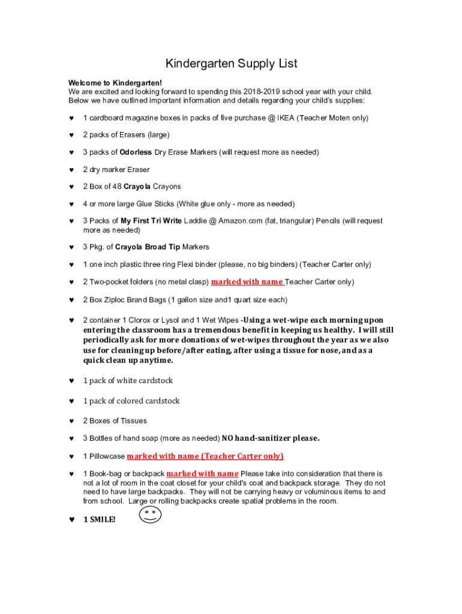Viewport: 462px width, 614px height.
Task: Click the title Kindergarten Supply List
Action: (x=231, y=64)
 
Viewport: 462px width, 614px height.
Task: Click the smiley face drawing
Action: (x=151, y=514)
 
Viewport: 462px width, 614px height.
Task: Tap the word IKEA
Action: (x=286, y=118)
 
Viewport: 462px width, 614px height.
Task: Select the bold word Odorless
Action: (x=136, y=152)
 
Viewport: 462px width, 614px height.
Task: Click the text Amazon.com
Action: (x=241, y=221)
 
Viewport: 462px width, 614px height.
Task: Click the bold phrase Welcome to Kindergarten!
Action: (x=115, y=83)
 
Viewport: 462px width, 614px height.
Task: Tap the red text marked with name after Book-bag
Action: (x=202, y=474)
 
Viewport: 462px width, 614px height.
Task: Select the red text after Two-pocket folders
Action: (x=247, y=282)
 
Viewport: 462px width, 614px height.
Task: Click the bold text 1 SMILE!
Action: (x=99, y=520)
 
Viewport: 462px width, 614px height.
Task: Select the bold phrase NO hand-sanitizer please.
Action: (x=271, y=438)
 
